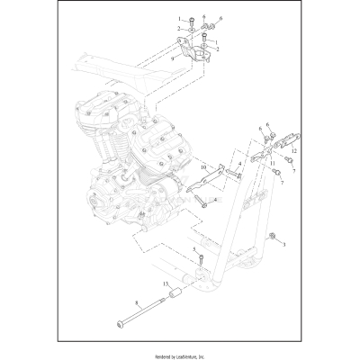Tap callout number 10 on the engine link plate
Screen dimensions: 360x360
pyautogui.click(x=204, y=166)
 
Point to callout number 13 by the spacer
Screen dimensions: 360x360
pyautogui.click(x=166, y=283)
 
